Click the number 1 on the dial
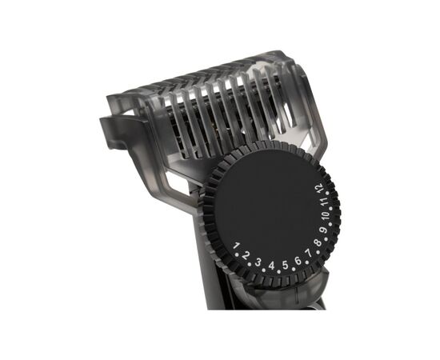(x=236, y=246)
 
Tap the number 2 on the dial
(x=246, y=256)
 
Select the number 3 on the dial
(x=258, y=262)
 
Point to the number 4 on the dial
(x=271, y=266)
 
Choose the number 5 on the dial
(x=285, y=265)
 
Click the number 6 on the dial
(x=298, y=261)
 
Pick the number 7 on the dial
(x=309, y=253)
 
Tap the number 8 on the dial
(x=318, y=242)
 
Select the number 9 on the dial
(x=323, y=230)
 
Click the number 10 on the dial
(x=326, y=216)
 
